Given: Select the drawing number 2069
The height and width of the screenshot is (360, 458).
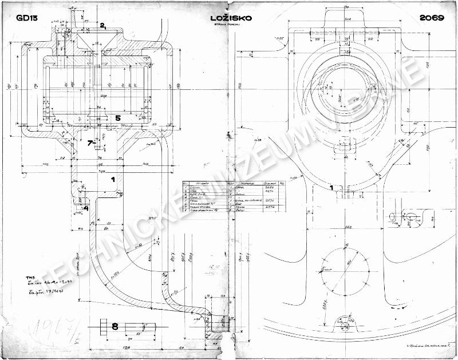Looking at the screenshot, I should click(432, 18).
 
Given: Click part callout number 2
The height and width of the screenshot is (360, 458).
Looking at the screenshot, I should click(102, 25).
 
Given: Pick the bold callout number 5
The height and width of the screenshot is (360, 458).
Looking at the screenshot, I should click(117, 118).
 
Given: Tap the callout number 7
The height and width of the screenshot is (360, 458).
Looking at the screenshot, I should click(90, 143).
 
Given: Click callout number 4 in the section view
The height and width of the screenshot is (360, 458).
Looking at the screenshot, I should click(86, 207).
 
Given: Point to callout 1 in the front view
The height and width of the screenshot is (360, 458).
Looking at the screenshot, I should click(332, 187).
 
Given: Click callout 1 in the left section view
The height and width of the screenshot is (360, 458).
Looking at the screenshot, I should click(113, 180).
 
